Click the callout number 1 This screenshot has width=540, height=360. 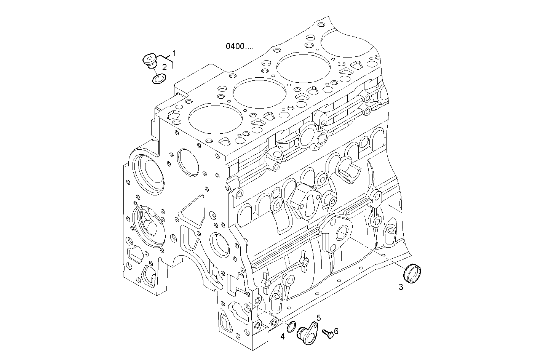point(174,53)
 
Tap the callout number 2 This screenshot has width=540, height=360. point(164,67)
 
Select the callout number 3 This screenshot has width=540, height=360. point(401,287)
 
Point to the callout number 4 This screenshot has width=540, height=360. point(282,336)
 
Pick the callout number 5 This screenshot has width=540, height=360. point(318,317)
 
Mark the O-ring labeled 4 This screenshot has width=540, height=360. point(291,326)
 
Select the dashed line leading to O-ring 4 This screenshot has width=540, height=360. point(268,313)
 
